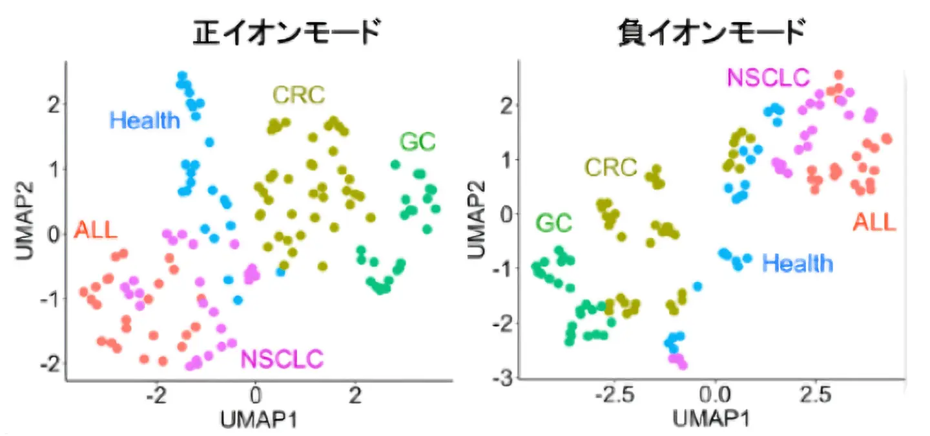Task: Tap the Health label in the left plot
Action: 145,120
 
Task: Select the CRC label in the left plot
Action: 298,96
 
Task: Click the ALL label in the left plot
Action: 96,230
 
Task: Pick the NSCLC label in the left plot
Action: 282,358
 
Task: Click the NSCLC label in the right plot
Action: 768,78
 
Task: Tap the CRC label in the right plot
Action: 610,168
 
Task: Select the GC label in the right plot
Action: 553,223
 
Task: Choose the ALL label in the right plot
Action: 874,223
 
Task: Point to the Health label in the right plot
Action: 798,263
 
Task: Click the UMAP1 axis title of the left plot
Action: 258,419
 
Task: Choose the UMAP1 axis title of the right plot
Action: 710,419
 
